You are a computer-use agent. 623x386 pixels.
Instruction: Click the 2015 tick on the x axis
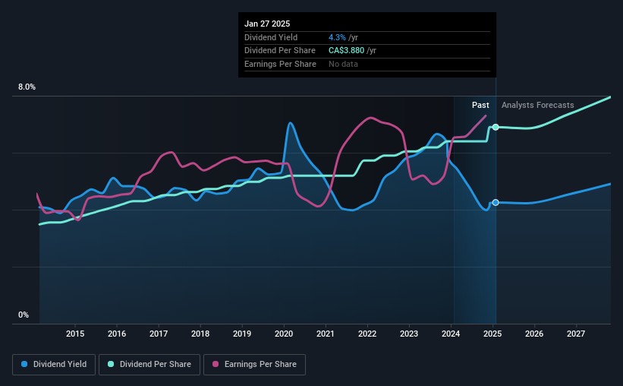[75, 334]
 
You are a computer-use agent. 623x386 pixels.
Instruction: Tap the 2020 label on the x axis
[284, 334]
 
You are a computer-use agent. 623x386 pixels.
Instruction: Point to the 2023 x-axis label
[409, 334]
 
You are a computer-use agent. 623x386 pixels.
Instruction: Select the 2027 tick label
[576, 334]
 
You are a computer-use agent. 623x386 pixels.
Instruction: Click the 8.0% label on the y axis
[27, 87]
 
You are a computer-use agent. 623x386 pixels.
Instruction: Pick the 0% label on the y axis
[24, 315]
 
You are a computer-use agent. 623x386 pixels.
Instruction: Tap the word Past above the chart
[480, 105]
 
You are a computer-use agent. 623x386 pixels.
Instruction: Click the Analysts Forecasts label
[538, 105]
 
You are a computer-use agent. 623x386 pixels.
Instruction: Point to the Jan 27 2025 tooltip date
[267, 24]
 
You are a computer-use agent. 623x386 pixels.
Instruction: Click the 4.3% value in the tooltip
[337, 37]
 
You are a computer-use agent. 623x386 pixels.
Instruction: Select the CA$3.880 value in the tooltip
[346, 51]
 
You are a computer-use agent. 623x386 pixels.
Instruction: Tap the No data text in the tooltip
[343, 64]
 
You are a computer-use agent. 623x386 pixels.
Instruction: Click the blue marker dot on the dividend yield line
[496, 202]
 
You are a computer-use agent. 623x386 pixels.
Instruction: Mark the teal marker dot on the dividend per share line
[496, 127]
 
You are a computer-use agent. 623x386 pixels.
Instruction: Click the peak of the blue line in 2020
[290, 123]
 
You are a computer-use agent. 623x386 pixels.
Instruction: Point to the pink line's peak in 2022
[370, 118]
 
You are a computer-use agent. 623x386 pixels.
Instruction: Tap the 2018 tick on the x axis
[200, 334]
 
